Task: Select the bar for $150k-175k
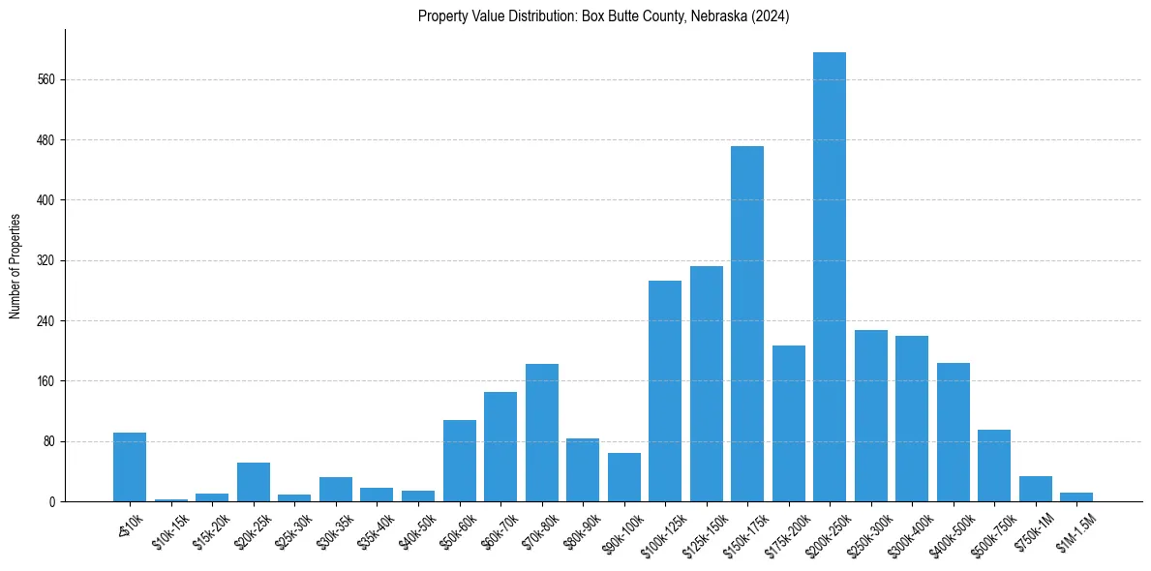tap(747, 324)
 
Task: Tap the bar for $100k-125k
tap(665, 391)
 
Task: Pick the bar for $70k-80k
tap(542, 433)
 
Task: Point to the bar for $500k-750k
tap(994, 466)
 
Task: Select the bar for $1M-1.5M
tap(1076, 496)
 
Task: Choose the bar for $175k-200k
tap(788, 424)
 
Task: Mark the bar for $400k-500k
tap(954, 433)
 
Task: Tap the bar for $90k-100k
tap(624, 477)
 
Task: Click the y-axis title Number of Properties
tap(15, 266)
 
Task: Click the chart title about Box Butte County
tap(604, 16)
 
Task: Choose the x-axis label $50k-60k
tap(455, 527)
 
